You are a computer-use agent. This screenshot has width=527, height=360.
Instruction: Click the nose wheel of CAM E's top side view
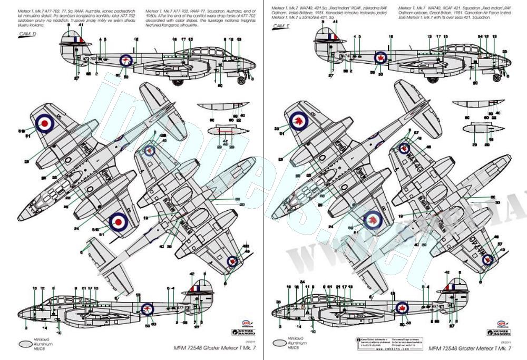497,77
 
